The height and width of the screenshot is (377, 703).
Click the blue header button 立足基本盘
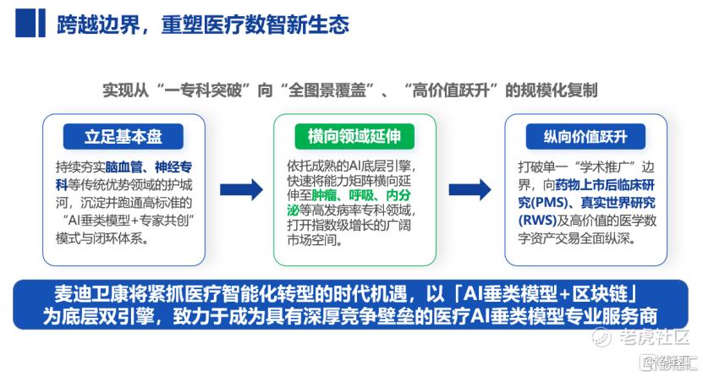(124, 137)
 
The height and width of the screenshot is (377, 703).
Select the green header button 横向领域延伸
(354, 137)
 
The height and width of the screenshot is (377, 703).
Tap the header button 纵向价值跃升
(585, 137)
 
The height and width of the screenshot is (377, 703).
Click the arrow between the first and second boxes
(241, 190)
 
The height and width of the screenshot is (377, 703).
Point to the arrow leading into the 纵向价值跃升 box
(470, 190)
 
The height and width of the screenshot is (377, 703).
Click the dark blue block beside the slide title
(30, 24)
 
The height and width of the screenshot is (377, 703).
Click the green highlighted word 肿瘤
(324, 195)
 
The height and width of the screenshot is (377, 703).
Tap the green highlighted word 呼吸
(361, 195)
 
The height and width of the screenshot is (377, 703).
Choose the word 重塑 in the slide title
(182, 25)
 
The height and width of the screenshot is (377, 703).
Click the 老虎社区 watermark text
(654, 336)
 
